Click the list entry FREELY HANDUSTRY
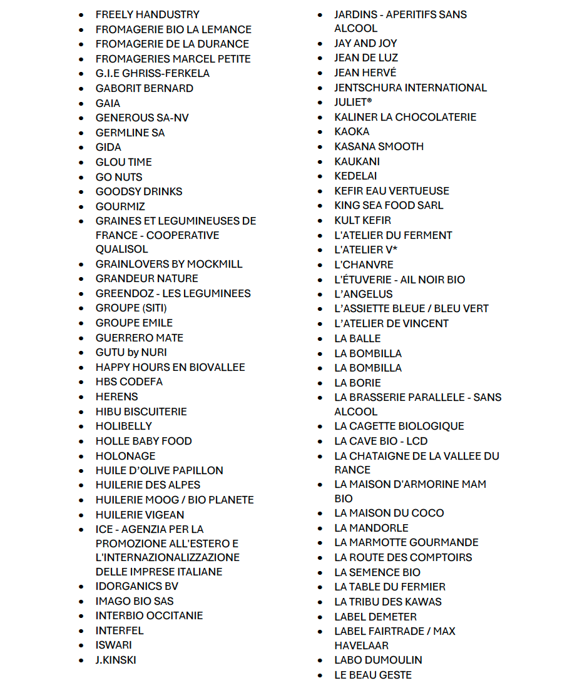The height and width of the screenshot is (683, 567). (147, 14)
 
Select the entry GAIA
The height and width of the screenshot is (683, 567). (108, 103)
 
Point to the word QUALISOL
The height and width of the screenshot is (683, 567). (121, 249)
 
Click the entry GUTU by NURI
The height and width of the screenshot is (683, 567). (131, 352)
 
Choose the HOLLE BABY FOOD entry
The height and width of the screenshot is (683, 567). (143, 441)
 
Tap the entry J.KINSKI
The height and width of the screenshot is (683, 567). (116, 660)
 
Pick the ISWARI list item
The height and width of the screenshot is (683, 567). (113, 645)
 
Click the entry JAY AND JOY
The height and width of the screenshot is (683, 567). (365, 43)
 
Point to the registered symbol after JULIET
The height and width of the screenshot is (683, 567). (370, 100)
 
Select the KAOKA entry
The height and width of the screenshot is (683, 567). (352, 131)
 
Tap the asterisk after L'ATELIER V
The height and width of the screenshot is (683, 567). (395, 248)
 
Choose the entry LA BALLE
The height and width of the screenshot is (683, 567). (357, 338)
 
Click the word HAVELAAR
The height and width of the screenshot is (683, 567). (361, 645)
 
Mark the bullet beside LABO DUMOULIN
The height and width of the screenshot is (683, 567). (320, 660)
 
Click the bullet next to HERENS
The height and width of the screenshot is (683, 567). (81, 397)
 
